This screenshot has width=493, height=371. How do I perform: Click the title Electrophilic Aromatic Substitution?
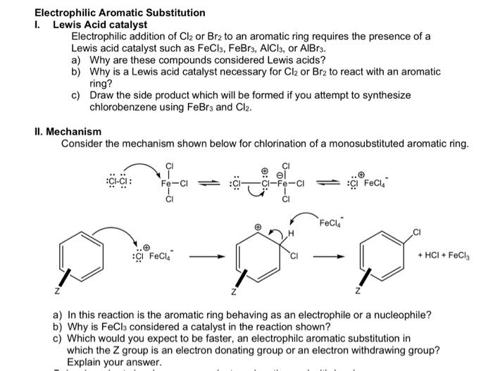point(120,13)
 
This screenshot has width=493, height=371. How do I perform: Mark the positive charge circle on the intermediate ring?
point(257,227)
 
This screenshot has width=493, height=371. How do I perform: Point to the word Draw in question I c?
point(102,96)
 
